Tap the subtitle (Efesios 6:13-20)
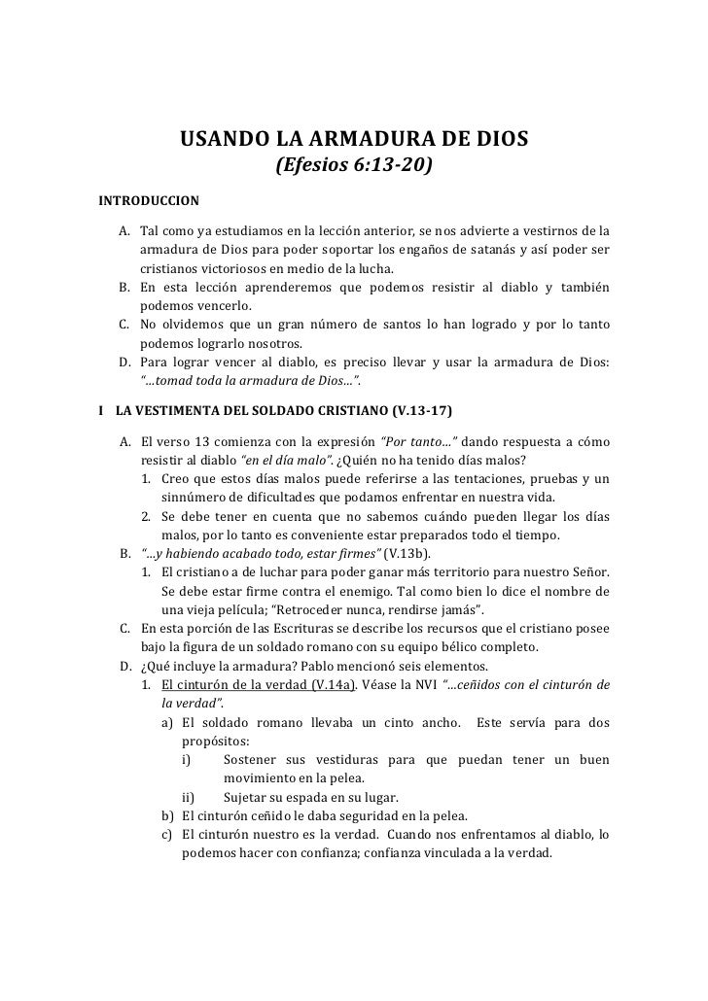tap(354, 168)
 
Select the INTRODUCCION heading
tap(149, 201)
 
